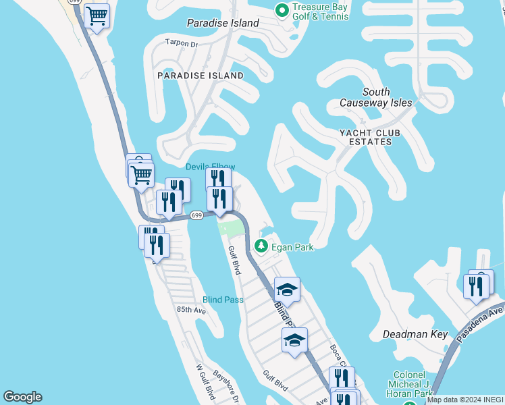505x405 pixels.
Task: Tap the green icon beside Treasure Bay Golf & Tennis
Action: click(282, 8)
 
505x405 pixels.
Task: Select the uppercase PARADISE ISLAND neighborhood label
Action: click(201, 76)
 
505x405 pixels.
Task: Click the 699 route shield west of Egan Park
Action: click(196, 215)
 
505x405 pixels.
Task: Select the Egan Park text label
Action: click(292, 247)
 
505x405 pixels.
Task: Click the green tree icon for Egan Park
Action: click(262, 246)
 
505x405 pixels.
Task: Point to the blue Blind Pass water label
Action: click(223, 300)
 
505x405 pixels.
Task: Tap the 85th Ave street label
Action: click(190, 309)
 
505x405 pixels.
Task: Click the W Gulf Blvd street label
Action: click(205, 382)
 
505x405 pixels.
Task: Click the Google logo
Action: click(22, 398)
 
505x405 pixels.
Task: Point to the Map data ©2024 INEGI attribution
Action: click(465, 400)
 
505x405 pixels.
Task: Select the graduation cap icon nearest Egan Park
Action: click(287, 290)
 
